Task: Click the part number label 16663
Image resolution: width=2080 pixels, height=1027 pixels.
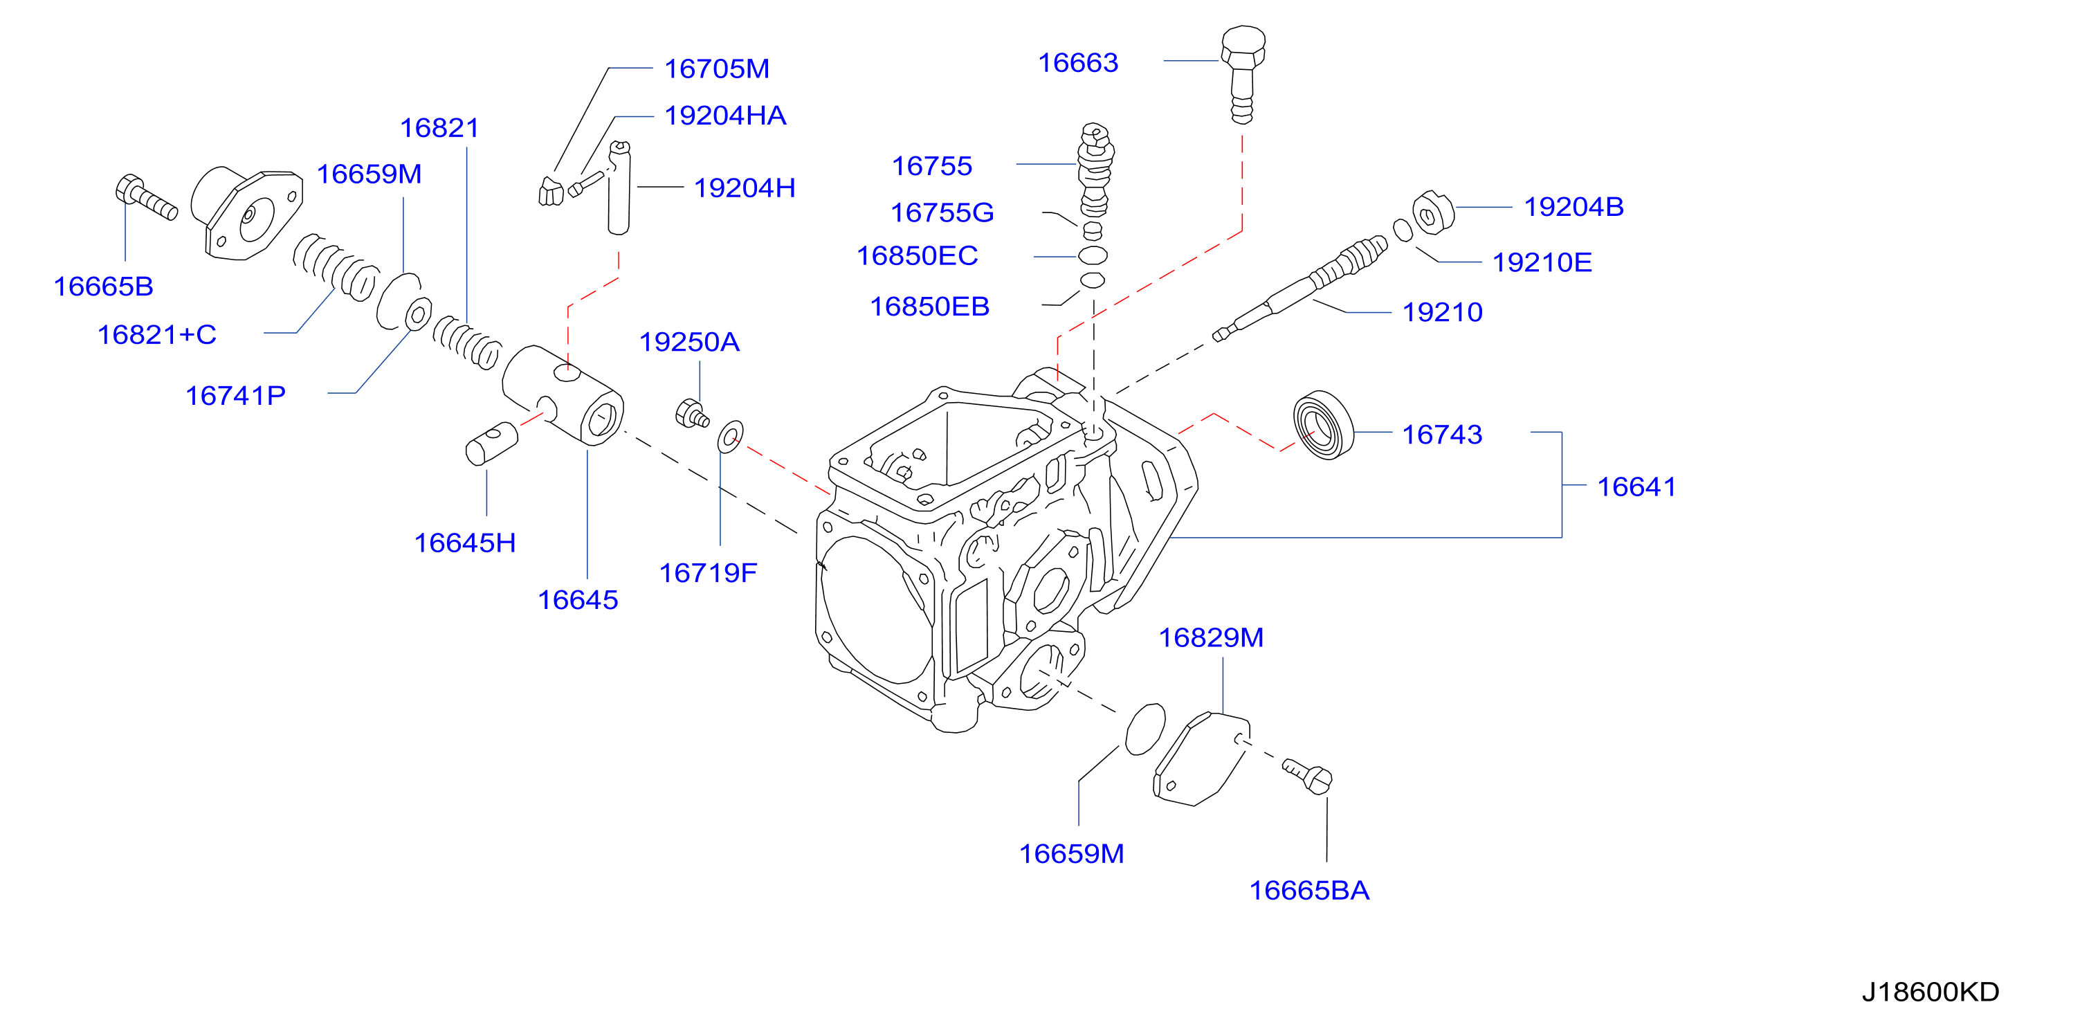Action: click(x=1078, y=63)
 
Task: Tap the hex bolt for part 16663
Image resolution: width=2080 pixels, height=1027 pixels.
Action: click(x=1243, y=74)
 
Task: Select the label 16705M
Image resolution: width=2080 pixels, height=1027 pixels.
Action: click(x=716, y=69)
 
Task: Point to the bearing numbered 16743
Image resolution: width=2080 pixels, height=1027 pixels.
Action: click(x=1324, y=426)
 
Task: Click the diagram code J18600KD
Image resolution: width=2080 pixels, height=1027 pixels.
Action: click(x=1930, y=992)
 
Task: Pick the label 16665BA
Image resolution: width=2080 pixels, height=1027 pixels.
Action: click(x=1309, y=891)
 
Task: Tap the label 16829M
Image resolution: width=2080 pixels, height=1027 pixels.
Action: click(x=1210, y=638)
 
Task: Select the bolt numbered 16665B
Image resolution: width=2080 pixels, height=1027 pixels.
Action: click(x=146, y=197)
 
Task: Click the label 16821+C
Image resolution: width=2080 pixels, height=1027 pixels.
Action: click(x=156, y=334)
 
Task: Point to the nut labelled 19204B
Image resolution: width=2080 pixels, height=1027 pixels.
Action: click(x=1433, y=213)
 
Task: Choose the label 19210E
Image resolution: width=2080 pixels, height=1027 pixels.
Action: click(x=1542, y=262)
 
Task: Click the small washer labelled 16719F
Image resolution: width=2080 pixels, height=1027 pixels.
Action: click(x=730, y=437)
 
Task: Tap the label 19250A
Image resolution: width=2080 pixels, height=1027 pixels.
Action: click(x=688, y=343)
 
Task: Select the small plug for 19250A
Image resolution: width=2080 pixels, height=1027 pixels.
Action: click(x=691, y=413)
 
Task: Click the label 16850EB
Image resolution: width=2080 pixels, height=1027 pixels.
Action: click(x=929, y=307)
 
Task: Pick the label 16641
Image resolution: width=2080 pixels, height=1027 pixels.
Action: click(x=1636, y=487)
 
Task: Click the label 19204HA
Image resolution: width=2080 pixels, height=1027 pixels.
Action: click(x=725, y=116)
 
